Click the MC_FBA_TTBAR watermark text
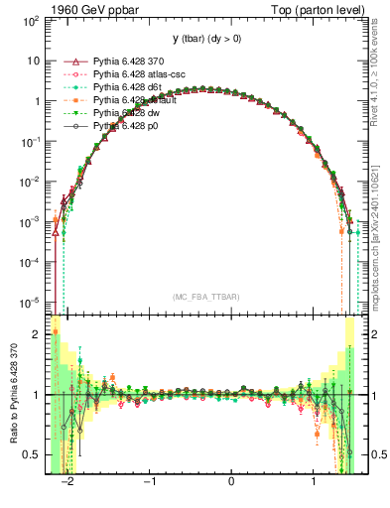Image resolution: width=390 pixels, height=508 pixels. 203,297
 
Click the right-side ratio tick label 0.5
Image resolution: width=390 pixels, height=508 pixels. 375,455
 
